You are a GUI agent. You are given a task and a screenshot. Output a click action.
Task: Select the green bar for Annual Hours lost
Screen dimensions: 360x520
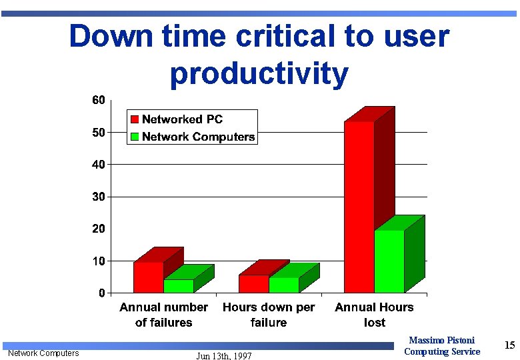389,261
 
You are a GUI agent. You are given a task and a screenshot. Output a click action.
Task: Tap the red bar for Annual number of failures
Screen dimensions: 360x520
148,277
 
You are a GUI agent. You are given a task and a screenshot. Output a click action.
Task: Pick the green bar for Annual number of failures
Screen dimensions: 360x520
179,286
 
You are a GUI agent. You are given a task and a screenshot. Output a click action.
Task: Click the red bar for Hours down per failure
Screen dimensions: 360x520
254,284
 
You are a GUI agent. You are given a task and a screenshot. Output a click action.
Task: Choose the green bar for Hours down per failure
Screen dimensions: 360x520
284,285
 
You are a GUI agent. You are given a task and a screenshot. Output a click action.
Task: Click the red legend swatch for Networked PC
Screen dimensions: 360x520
135,119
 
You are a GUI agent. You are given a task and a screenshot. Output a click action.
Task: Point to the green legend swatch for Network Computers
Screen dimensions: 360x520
135,137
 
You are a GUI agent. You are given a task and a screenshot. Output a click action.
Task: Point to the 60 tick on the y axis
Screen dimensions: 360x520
98,100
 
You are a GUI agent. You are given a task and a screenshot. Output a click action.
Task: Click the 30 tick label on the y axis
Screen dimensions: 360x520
98,197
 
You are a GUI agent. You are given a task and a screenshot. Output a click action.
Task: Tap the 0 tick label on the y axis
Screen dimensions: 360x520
101,293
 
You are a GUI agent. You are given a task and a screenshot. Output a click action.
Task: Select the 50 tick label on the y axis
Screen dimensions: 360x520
98,133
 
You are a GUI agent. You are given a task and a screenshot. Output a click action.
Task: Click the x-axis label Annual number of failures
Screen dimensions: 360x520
163,315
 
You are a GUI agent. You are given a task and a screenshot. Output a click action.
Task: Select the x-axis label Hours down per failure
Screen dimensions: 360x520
269,315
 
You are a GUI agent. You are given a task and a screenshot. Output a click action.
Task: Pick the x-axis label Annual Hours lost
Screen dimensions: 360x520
374,315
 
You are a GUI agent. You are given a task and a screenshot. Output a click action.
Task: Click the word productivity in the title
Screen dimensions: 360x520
259,73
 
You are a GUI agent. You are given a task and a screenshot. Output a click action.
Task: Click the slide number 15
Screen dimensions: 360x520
510,345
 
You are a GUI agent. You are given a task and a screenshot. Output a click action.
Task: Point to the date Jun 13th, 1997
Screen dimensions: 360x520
224,356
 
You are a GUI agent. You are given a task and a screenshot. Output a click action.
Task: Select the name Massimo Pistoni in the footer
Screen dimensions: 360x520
442,341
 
